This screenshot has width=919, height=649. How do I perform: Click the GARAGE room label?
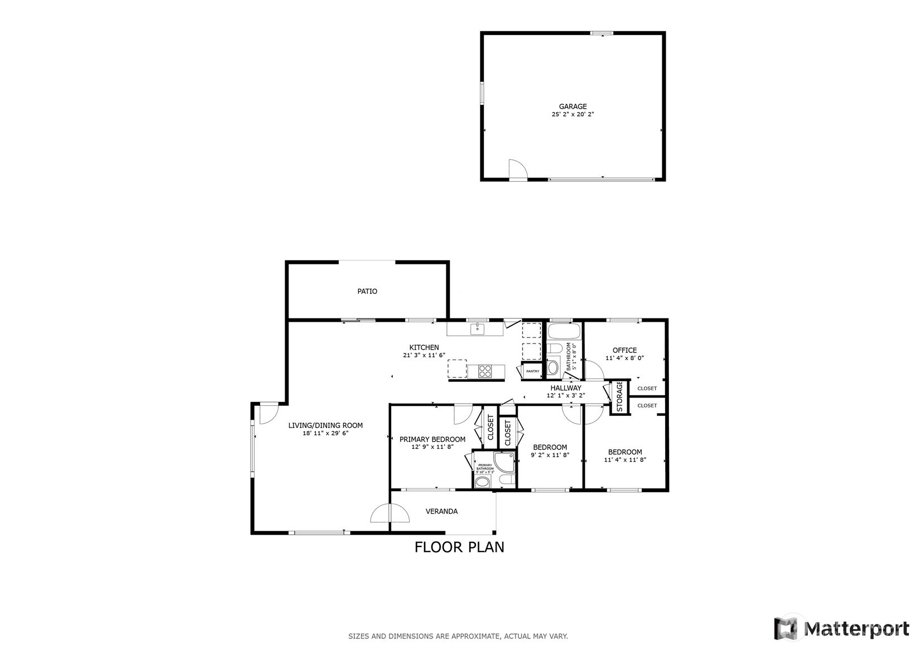click(572, 106)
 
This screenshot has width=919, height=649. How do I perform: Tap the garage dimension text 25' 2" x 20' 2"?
click(572, 114)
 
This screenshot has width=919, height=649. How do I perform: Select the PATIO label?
click(367, 291)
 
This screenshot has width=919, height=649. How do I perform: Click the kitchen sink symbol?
click(477, 329)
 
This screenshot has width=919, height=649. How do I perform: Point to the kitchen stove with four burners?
click(485, 370)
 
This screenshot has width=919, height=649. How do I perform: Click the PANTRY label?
click(532, 371)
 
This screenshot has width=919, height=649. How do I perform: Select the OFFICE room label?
click(624, 350)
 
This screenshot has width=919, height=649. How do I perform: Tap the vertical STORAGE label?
click(619, 396)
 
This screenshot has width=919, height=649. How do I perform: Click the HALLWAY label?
click(566, 388)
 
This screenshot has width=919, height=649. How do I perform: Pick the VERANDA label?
click(441, 511)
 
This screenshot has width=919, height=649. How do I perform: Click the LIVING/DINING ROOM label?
click(325, 425)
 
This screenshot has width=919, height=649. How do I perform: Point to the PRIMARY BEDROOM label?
click(432, 439)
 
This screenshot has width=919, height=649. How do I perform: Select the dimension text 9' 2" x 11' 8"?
click(550, 455)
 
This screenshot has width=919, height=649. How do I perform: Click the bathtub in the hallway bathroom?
click(564, 332)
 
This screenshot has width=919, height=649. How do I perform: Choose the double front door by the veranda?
click(389, 514)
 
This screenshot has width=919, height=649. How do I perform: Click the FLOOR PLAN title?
click(459, 547)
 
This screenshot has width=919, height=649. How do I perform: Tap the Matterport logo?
click(841, 629)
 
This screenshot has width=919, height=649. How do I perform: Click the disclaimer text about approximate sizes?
click(458, 636)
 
